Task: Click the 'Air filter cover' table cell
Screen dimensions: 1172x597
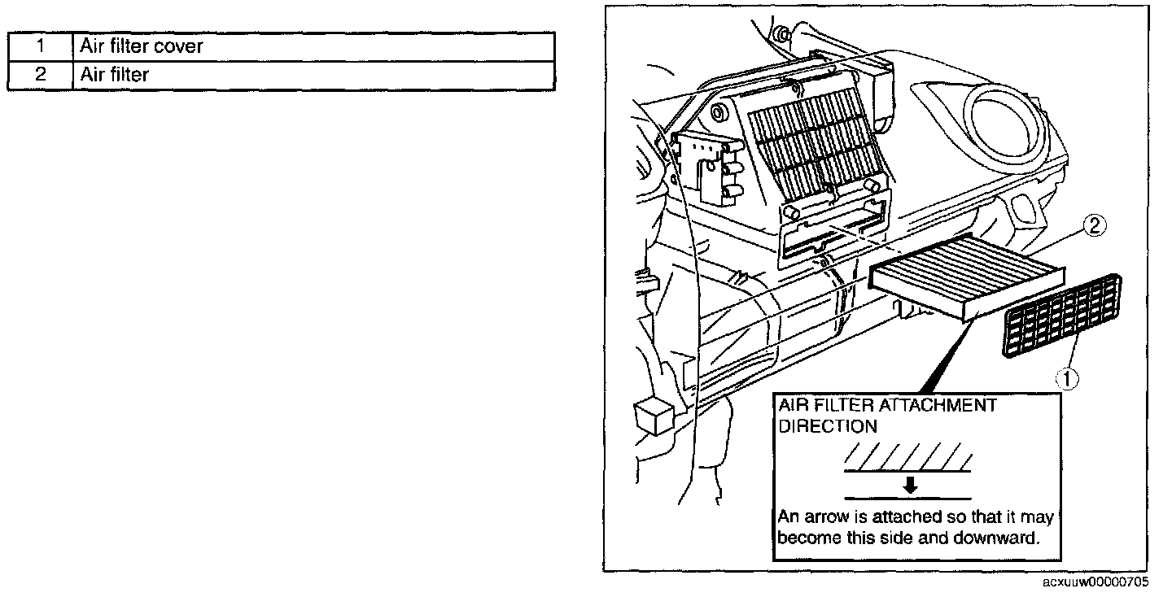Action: pyautogui.click(x=313, y=46)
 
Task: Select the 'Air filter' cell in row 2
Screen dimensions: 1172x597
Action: pyautogui.click(x=313, y=76)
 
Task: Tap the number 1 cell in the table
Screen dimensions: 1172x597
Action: pyautogui.click(x=40, y=46)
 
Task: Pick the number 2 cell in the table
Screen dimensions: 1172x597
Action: pyautogui.click(x=40, y=76)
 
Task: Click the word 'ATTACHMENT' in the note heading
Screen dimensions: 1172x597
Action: pyautogui.click(x=940, y=405)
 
